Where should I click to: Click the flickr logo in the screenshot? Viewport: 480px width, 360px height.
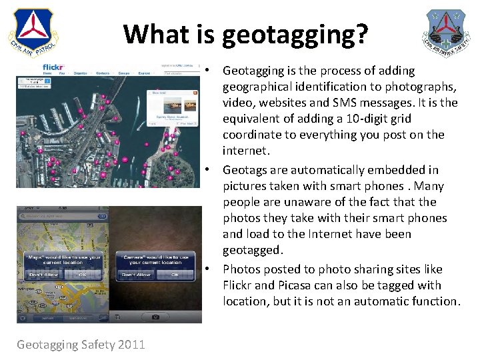tap(53, 67)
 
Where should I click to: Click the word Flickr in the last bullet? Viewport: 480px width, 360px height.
tap(239, 285)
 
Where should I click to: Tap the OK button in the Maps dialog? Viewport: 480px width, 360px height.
tap(83, 275)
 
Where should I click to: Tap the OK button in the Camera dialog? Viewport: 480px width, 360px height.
tap(175, 275)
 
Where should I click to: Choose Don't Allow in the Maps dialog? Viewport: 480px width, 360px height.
tap(43, 275)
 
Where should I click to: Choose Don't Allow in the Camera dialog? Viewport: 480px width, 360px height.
tap(136, 275)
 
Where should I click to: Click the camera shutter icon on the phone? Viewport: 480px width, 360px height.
tap(155, 317)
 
